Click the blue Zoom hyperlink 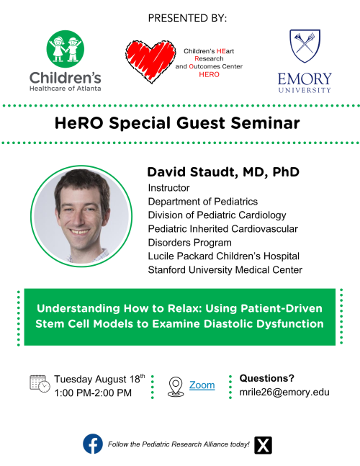click(x=202, y=385)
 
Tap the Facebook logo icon click(x=93, y=444)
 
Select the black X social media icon click(x=263, y=445)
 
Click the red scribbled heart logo click(x=150, y=61)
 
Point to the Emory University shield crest click(x=305, y=46)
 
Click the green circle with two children click(x=66, y=49)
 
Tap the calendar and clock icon click(x=40, y=384)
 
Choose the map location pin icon click(x=176, y=387)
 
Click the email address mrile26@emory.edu click(x=284, y=392)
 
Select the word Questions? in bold click(x=266, y=378)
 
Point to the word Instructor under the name click(x=168, y=188)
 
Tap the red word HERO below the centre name click(x=209, y=74)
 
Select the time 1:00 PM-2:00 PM click(x=93, y=393)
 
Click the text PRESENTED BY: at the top click(x=187, y=18)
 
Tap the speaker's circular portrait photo click(x=81, y=216)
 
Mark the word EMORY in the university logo click(x=305, y=79)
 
